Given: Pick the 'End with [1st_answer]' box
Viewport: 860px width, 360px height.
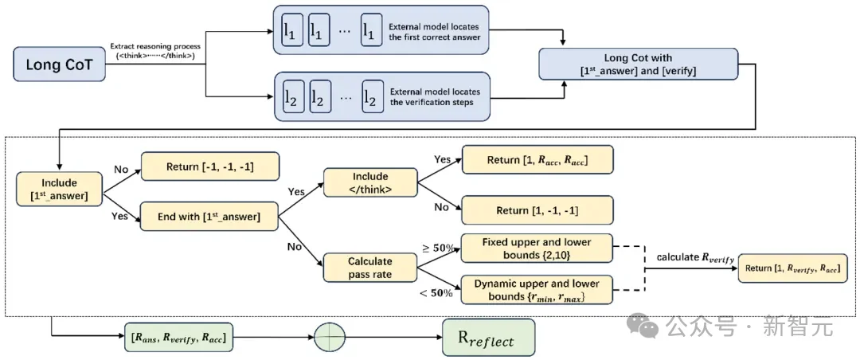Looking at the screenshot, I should coord(209,216).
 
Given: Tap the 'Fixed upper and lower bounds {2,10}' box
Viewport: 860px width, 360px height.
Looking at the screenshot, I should coord(537,248).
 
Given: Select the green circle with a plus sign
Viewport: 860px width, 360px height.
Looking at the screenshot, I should coord(333,338).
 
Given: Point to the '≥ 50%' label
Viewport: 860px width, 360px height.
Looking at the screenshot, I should coord(437,247).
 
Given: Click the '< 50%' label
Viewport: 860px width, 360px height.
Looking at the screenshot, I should coord(436,293).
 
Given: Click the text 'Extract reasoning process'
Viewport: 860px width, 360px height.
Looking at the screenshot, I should coord(155,46).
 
